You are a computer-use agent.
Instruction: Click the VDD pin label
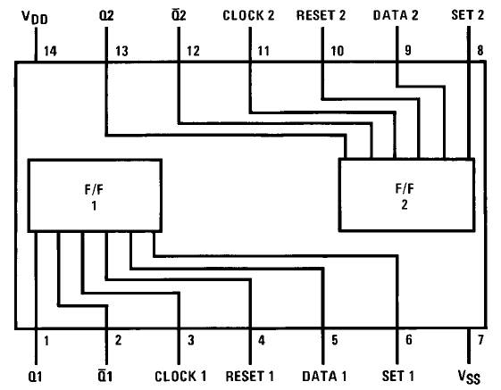pos(35,17)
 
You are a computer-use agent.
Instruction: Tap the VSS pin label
pos(469,377)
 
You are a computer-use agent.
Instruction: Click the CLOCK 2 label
pos(248,15)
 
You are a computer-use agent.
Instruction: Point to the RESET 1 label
pos(249,376)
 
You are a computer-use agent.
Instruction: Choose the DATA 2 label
pos(396,15)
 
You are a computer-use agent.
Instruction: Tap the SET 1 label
pos(397,376)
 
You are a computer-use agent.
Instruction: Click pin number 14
pos(50,51)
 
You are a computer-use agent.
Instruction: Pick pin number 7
pos(480,340)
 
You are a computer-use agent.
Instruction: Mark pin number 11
pos(263,51)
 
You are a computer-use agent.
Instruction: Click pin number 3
pos(191,340)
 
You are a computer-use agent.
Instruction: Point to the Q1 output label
pos(35,377)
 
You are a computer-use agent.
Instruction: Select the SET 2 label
pos(467,15)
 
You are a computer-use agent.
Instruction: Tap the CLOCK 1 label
pos(180,377)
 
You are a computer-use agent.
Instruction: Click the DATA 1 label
pos(324,377)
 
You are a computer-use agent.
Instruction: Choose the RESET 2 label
pos(321,15)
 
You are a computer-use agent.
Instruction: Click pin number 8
pos(480,51)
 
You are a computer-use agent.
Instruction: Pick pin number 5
pos(335,340)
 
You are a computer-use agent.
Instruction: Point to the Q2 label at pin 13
pos(106,15)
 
